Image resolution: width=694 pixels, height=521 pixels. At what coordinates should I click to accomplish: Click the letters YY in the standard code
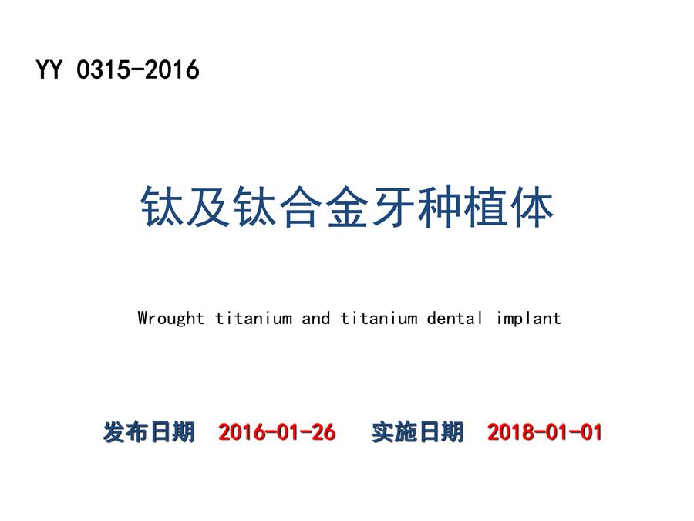coord(49,69)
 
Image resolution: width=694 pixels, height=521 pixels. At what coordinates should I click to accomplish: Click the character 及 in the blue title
coord(208,206)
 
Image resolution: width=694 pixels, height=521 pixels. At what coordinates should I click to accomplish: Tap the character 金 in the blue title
coord(346,206)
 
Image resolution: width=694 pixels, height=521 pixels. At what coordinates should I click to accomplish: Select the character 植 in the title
coord(486,206)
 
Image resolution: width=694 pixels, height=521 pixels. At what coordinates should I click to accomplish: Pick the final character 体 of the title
coord(532,206)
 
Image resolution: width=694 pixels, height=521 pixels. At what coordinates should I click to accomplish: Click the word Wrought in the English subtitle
coord(171,319)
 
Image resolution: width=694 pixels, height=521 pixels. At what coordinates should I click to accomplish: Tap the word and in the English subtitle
coord(316,319)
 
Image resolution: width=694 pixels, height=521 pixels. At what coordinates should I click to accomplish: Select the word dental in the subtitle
coord(454,319)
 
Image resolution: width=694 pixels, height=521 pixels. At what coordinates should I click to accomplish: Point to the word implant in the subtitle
coord(528,319)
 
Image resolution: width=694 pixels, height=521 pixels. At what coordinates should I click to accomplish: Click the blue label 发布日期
coord(149,432)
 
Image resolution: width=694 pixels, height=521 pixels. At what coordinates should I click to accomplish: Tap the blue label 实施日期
coord(417,432)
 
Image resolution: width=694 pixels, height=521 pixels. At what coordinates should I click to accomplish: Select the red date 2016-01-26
coord(277,432)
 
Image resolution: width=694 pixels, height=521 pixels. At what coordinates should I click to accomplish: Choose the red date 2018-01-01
coord(544,432)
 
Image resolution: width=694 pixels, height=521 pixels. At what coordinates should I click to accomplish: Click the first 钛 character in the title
coord(162,206)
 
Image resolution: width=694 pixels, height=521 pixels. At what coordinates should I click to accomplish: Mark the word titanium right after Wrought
coord(254,319)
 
